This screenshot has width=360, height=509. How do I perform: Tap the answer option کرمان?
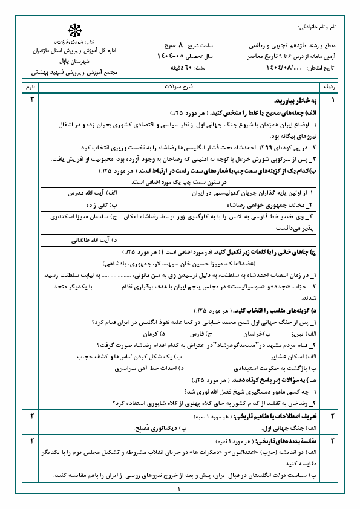(x=149, y=333)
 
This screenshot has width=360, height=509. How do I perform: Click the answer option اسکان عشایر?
(x=296, y=356)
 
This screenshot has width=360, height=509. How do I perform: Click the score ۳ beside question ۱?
(x=31, y=98)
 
